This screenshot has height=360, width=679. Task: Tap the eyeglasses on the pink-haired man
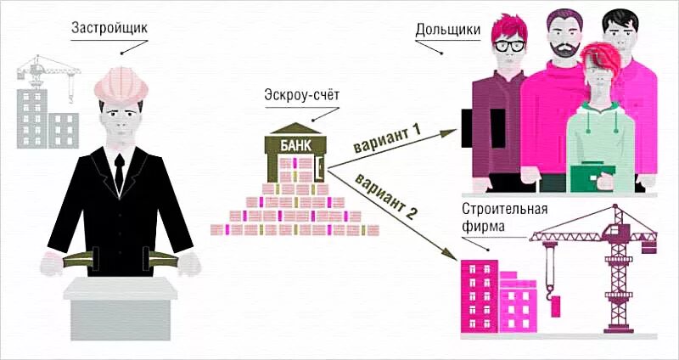click(508, 46)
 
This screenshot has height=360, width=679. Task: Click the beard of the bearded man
click(562, 52)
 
